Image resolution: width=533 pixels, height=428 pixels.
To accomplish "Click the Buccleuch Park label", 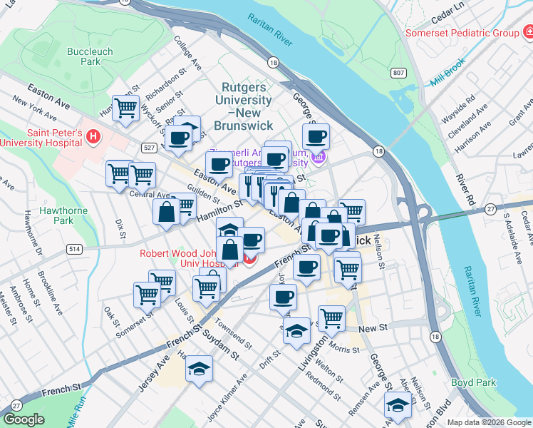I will [x=85, y=56].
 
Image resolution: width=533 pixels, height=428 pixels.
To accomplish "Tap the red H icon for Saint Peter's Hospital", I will [x=93, y=136].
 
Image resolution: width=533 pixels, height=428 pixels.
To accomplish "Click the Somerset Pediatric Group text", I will [x=461, y=33].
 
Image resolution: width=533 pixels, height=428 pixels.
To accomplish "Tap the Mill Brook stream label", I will [x=447, y=73].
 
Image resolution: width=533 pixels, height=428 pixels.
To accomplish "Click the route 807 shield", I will [x=398, y=73].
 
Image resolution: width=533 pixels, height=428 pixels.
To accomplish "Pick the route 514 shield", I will [x=74, y=249].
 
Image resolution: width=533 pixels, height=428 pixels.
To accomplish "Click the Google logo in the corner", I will [x=24, y=419].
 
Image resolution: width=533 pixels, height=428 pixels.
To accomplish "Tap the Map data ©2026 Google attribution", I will [x=488, y=422].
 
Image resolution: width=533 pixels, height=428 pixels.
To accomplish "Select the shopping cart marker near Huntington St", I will [x=125, y=108].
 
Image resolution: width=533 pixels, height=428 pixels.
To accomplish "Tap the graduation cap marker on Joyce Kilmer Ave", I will [x=199, y=368].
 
